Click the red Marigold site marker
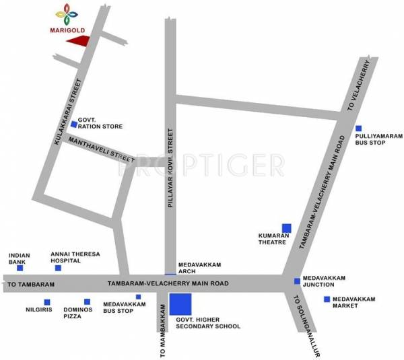coord(79,42)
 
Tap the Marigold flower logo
coord(65,13)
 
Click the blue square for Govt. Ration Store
coord(74,124)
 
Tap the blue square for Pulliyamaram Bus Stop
coord(359,129)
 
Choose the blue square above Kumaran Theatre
coord(287,227)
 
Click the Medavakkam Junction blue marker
coord(297,281)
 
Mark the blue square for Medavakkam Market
coord(327,299)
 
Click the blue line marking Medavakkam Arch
coord(170,274)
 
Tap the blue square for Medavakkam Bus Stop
coord(138,297)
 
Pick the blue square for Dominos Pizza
coord(87,301)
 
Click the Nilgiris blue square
coord(46,301)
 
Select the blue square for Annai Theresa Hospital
coord(58,268)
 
